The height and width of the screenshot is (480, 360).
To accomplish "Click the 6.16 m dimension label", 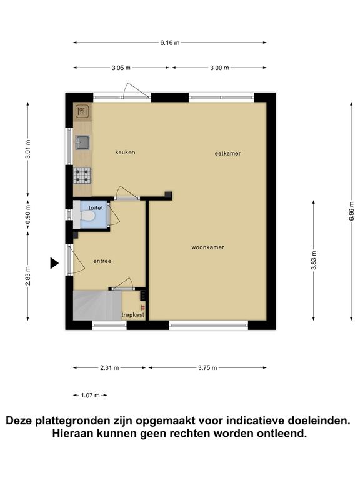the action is pyautogui.click(x=170, y=43).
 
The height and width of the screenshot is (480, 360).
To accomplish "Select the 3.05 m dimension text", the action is pyautogui.click(x=121, y=67).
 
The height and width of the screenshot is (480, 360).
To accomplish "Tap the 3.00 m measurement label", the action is pyautogui.click(x=219, y=67).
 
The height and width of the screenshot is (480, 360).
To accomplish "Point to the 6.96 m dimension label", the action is pyautogui.click(x=351, y=211).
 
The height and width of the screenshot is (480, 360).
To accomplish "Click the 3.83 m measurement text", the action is pyautogui.click(x=314, y=260).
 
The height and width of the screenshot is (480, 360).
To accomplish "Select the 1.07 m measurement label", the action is pyautogui.click(x=90, y=396).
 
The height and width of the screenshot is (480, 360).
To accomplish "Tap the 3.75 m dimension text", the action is pyautogui.click(x=207, y=368).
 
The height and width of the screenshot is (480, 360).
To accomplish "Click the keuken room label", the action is pyautogui.click(x=125, y=152).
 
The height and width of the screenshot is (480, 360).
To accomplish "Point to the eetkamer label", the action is pyautogui.click(x=227, y=153).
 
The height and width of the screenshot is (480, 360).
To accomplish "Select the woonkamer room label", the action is pyautogui.click(x=208, y=247).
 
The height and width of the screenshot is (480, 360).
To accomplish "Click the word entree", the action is pyautogui.click(x=102, y=261).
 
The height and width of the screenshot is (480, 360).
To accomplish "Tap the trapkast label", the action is pyautogui.click(x=133, y=315).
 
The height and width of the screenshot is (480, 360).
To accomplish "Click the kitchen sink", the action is pyautogui.click(x=82, y=142).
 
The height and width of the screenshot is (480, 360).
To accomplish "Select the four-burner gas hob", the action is pyautogui.click(x=82, y=176).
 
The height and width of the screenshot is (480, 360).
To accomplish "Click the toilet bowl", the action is pyautogui.click(x=88, y=216).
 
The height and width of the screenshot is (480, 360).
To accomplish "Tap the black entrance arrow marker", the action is pyautogui.click(x=54, y=263).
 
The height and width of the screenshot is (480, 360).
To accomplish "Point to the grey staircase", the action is pyautogui.click(x=97, y=306).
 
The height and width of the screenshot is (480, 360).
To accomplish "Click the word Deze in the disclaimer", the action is pyautogui.click(x=19, y=421).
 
